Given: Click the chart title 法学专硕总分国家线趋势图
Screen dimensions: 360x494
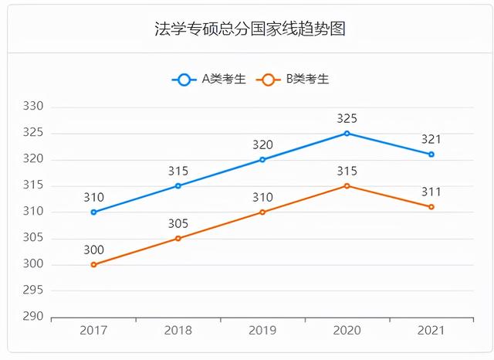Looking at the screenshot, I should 249,29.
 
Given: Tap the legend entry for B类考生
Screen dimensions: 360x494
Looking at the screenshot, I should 295,79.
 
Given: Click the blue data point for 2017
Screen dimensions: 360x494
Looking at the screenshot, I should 93,212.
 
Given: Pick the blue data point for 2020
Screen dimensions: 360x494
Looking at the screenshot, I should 347,133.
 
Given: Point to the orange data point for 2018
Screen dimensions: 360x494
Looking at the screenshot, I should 178,238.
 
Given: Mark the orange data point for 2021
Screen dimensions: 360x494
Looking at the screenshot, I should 431,207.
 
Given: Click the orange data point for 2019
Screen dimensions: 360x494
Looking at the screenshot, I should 262,212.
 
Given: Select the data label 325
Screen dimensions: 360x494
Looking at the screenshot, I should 347,119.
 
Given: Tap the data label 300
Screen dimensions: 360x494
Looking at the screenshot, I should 93,250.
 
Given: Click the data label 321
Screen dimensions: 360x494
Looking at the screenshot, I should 431,140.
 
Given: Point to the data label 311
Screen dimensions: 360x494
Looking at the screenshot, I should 431,192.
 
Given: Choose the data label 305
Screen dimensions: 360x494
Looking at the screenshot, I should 178,223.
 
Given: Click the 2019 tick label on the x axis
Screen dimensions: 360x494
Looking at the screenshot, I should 262,331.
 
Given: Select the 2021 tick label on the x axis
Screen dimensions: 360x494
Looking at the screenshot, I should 431,331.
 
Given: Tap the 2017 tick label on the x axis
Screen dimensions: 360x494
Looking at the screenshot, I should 93,331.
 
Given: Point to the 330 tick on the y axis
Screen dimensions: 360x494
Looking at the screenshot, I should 34,107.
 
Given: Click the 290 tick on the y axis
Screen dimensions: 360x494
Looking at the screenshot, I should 34,317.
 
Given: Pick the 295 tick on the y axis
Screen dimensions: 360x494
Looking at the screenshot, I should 34,290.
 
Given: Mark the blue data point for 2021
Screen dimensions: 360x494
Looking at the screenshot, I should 431,155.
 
